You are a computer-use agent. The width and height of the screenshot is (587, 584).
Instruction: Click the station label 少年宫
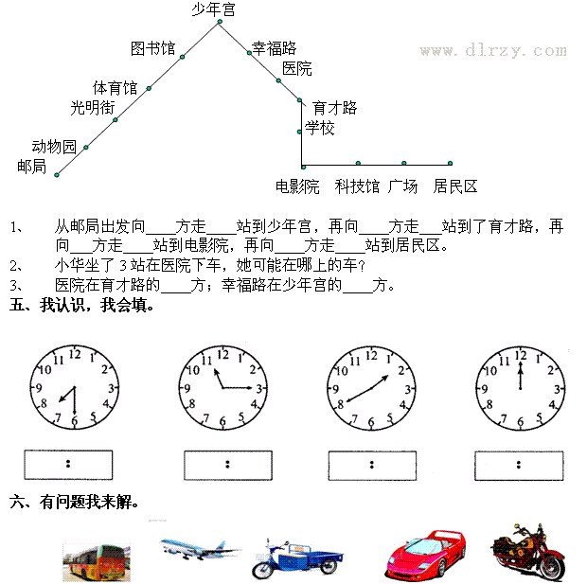(213, 9)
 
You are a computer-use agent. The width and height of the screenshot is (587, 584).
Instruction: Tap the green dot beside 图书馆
(183, 57)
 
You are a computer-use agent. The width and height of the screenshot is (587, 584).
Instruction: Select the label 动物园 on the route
(54, 147)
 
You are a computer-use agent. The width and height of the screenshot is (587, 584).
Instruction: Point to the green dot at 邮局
(57, 175)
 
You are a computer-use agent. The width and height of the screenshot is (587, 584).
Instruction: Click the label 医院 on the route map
(297, 68)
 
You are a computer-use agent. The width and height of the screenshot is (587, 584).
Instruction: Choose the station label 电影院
(297, 186)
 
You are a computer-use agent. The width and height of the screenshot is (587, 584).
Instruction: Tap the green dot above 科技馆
(358, 163)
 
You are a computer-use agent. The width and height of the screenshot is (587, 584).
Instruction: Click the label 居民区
(455, 186)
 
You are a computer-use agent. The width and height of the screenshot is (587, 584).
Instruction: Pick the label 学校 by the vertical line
(319, 128)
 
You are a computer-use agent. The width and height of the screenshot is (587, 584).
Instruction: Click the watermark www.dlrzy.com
(493, 50)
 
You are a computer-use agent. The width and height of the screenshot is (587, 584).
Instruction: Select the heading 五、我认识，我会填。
(81, 305)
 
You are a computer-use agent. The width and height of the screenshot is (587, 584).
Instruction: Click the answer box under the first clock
(68, 465)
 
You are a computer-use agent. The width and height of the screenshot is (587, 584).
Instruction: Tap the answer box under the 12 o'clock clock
(519, 466)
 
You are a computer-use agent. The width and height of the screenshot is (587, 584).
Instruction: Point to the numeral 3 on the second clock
(259, 389)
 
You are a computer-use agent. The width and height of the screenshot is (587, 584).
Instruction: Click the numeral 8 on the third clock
(340, 404)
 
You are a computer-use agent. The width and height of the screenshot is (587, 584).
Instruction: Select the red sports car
(426, 554)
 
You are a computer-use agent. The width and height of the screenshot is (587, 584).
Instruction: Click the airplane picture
(199, 549)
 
